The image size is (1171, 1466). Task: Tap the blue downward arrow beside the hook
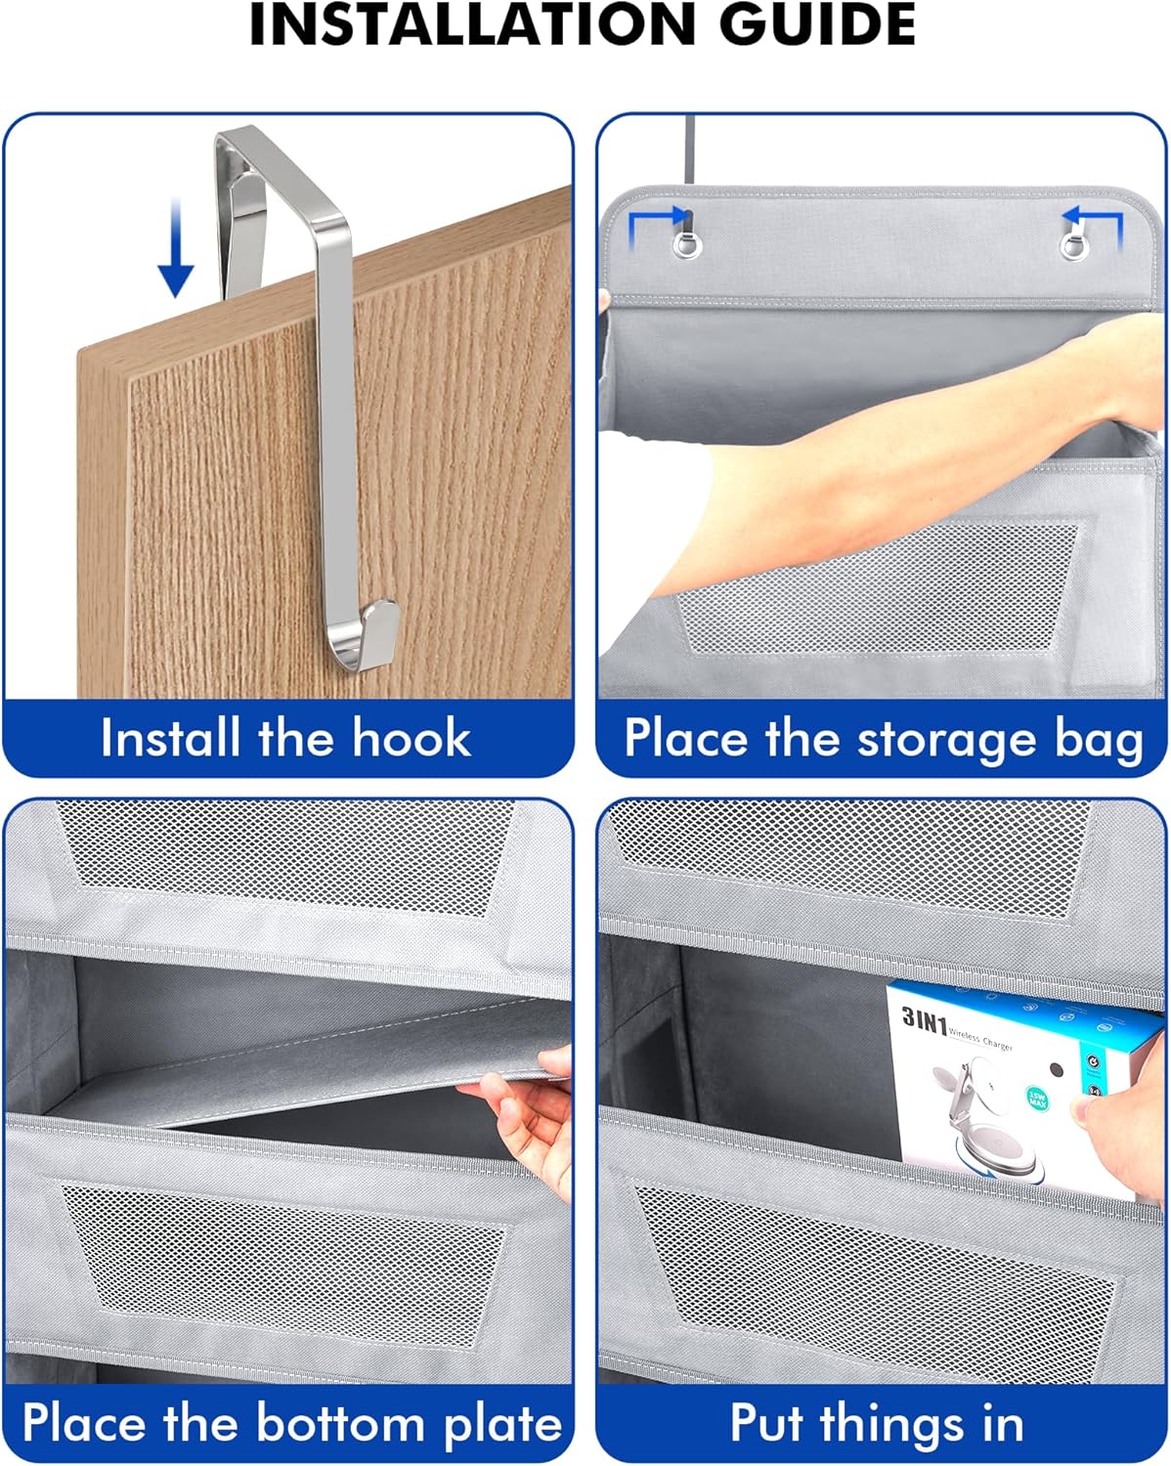tap(175, 248)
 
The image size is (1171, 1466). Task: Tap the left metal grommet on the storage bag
tap(687, 242)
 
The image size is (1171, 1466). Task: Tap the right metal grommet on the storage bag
tap(1074, 242)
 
